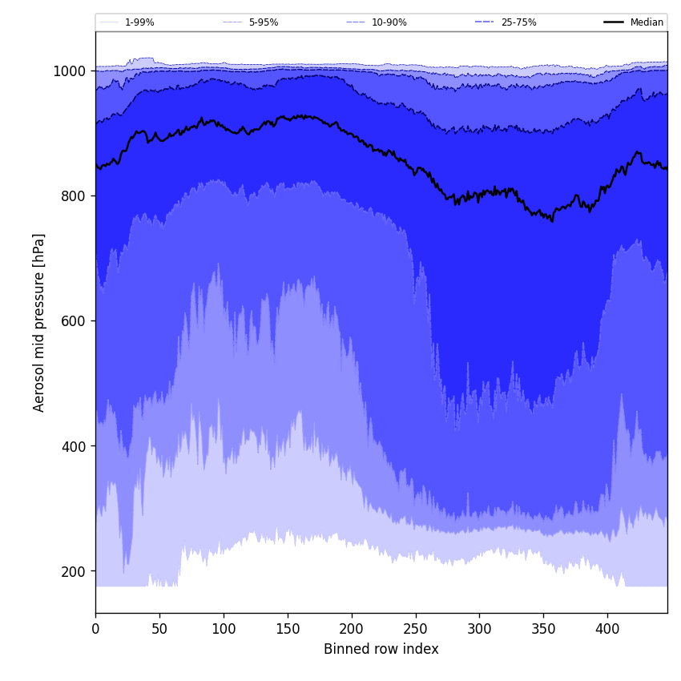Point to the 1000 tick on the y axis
(x=69, y=71)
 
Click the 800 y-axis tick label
(x=72, y=196)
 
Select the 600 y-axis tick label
(x=72, y=321)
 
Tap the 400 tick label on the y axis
(x=72, y=446)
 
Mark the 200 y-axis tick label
(x=72, y=571)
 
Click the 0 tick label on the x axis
(x=95, y=629)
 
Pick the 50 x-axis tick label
(x=159, y=629)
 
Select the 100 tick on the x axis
(x=224, y=629)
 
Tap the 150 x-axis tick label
(x=288, y=629)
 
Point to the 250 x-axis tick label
(x=415, y=629)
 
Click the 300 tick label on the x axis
(x=479, y=629)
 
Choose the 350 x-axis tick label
(x=543, y=629)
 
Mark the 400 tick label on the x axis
(x=607, y=629)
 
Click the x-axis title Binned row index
(x=381, y=650)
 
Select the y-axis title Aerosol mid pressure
(x=39, y=322)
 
